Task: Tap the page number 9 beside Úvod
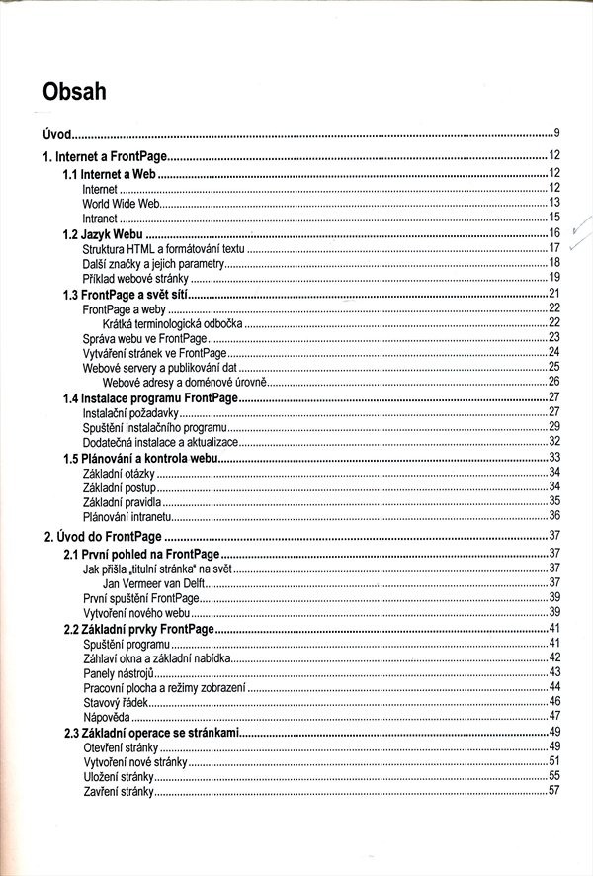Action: pos(557,132)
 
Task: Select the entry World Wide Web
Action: pos(121,203)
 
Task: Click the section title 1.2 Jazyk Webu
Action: pos(103,233)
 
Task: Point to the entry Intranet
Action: pos(100,218)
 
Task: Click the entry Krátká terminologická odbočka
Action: pos(172,323)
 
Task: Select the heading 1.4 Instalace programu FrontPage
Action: pos(151,397)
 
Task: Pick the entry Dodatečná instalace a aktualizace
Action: pos(160,442)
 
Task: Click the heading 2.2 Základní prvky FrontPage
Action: pos(138,629)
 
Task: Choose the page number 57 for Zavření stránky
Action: pos(554,791)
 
